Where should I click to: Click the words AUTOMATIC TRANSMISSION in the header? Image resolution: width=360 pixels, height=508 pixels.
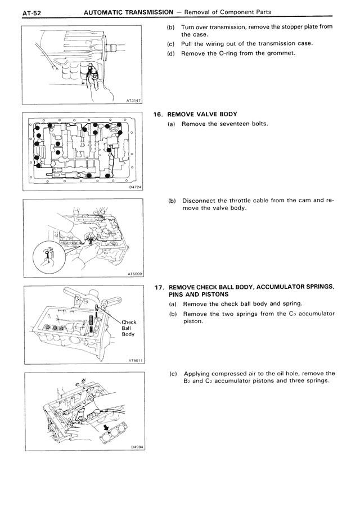click(128, 11)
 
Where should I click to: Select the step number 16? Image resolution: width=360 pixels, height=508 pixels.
click(159, 114)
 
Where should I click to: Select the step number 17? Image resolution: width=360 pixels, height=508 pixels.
click(159, 286)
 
